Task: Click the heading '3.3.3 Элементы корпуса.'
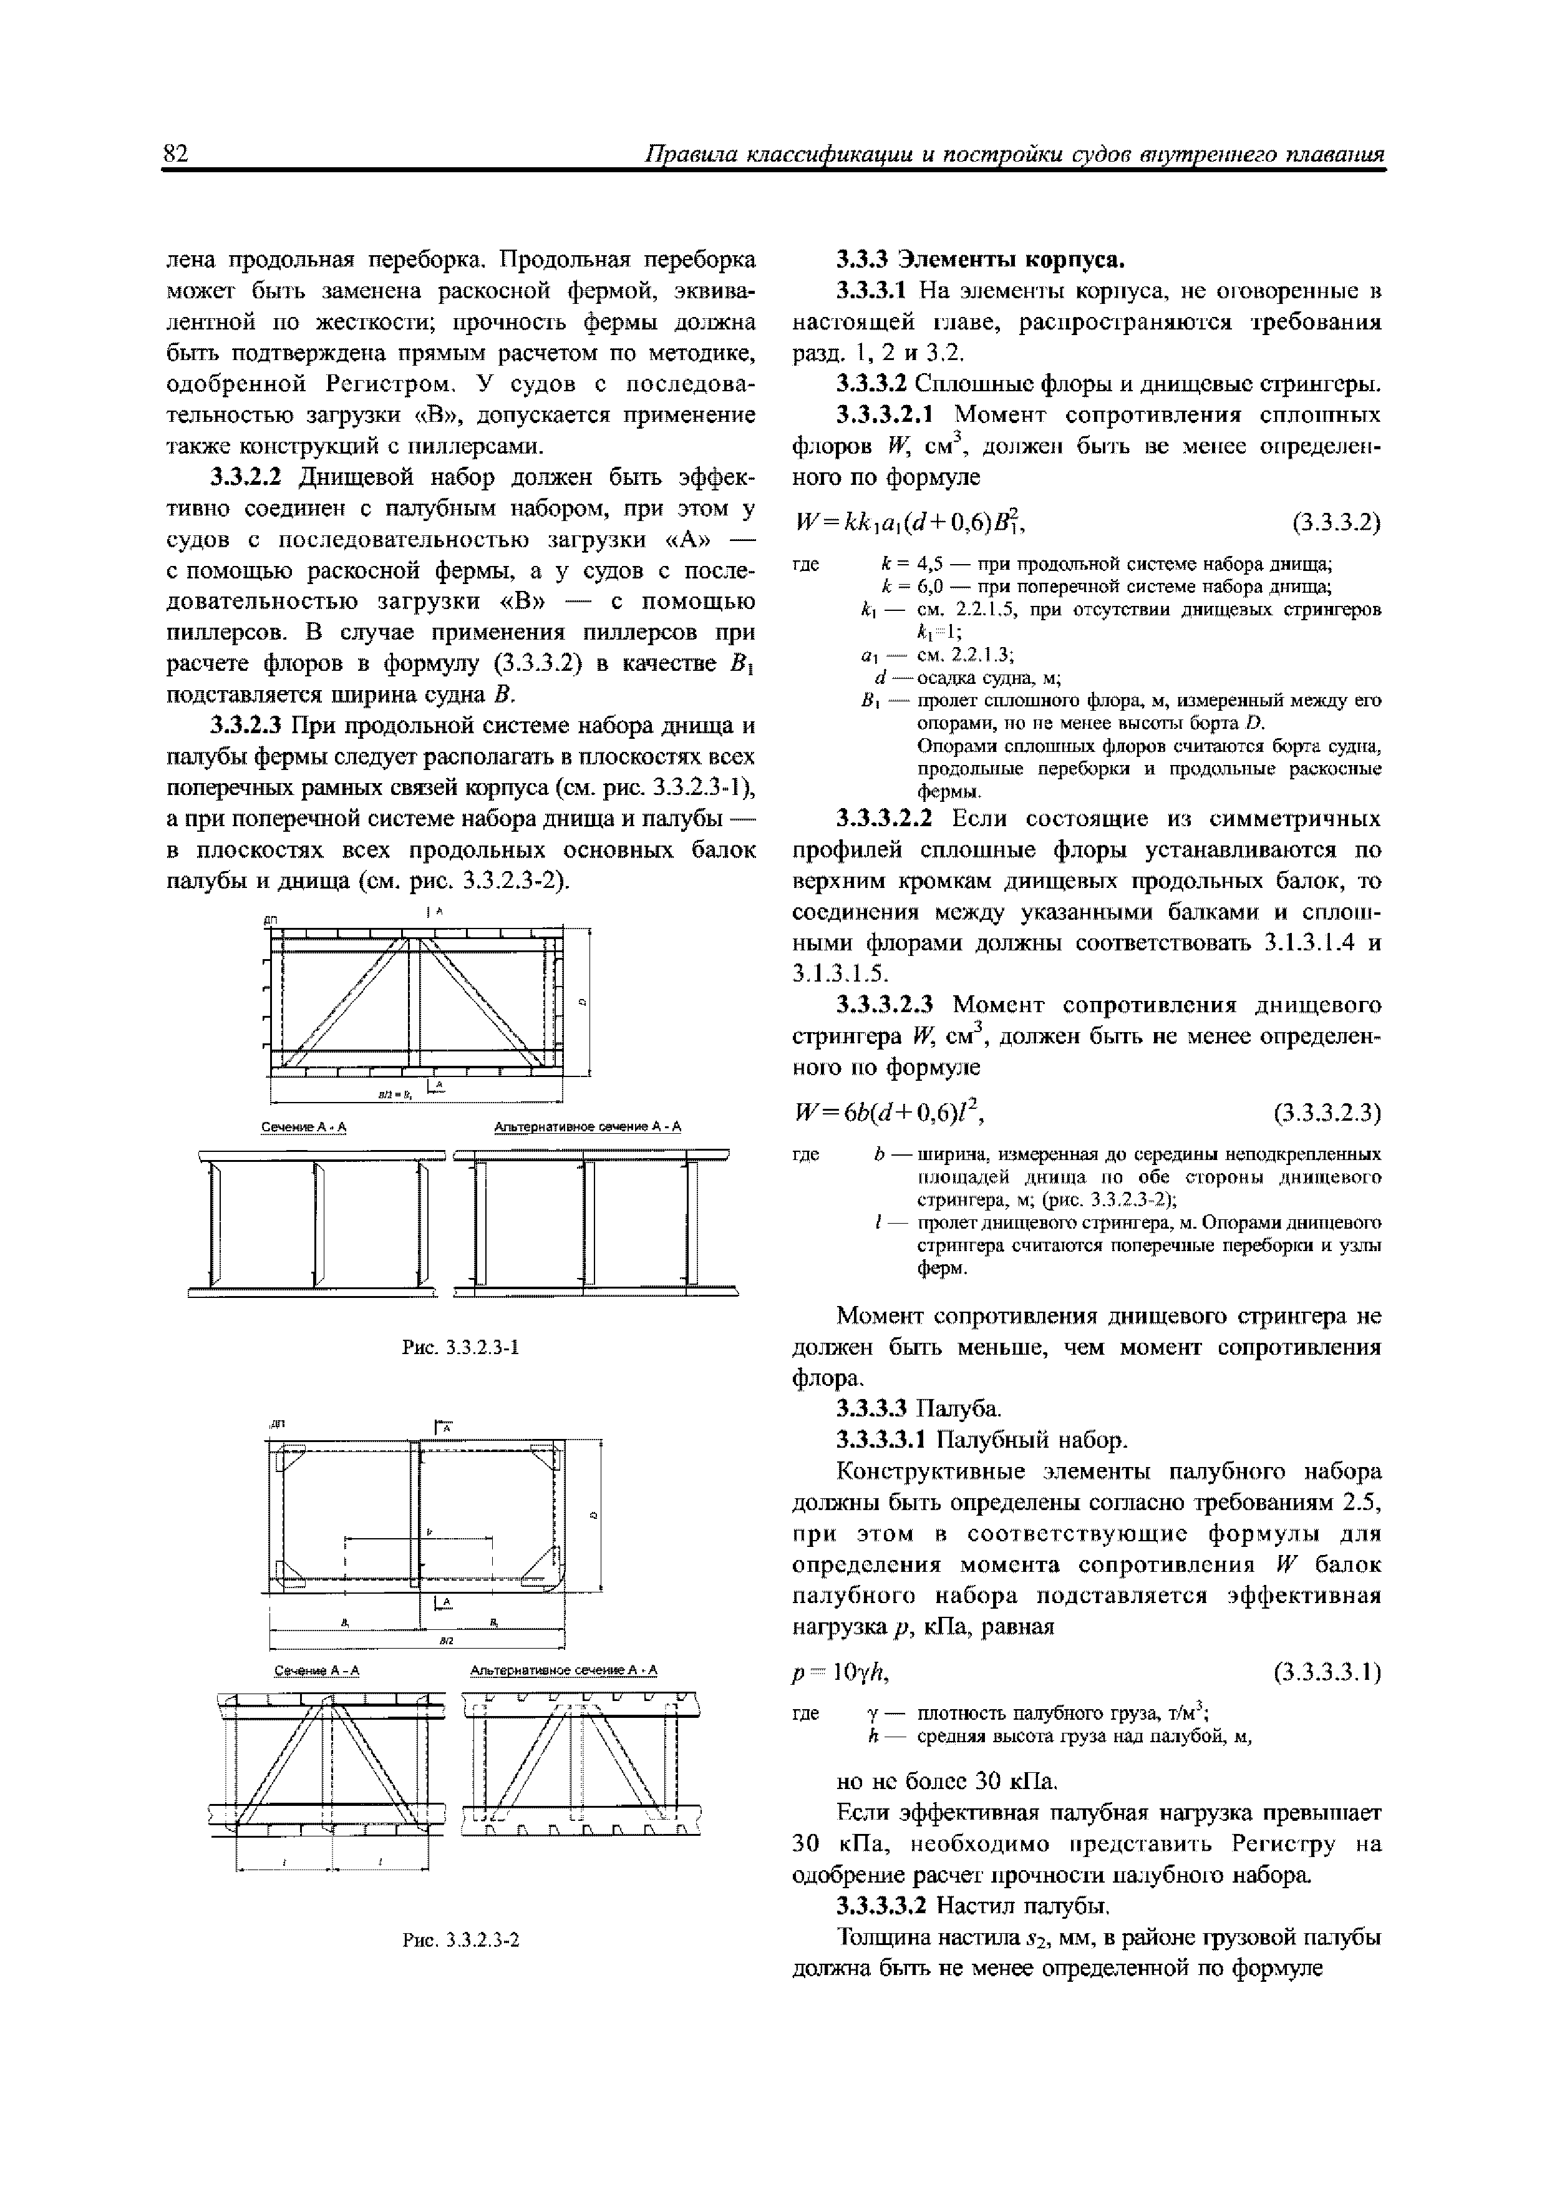(981, 260)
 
